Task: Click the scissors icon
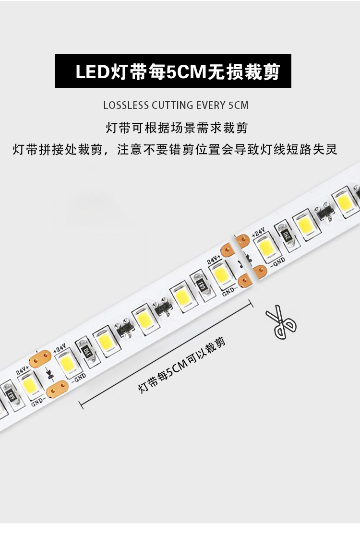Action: coord(281,322)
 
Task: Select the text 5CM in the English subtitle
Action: coord(239,105)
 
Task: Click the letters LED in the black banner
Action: coord(93,72)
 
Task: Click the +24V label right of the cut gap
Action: coord(259,233)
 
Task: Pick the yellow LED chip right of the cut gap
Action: coord(264,248)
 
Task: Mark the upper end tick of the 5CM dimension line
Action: coord(251,303)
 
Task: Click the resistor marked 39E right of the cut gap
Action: coord(287,236)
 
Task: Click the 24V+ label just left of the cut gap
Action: coord(213,260)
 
